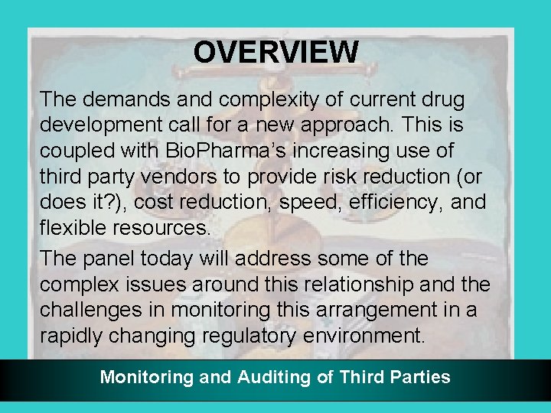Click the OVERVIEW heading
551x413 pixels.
pyautogui.click(x=275, y=53)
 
